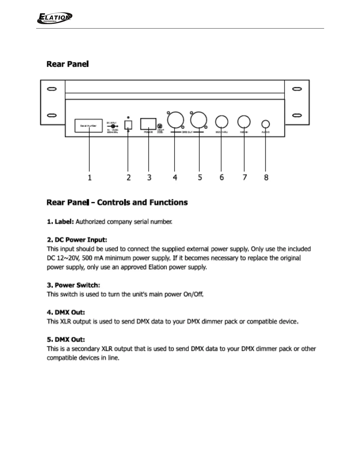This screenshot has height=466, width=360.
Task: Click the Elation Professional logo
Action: [x=55, y=18]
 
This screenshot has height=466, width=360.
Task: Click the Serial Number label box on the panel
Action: [x=89, y=126]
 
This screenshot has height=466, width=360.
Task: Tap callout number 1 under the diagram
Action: [x=90, y=177]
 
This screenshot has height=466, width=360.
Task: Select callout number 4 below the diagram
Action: [x=175, y=177]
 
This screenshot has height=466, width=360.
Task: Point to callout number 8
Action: [x=266, y=177]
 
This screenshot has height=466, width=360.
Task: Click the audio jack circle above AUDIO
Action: [x=266, y=124]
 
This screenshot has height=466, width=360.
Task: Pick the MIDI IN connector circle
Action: [x=244, y=122]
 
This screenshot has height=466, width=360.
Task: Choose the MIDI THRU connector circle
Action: [x=221, y=122]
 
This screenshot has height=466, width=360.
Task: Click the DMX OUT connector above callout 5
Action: [x=199, y=120]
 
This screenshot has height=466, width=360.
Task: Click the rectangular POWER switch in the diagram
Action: [x=148, y=124]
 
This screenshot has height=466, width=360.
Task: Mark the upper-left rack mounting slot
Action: [x=52, y=89]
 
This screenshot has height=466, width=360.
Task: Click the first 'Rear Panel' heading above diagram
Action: [x=68, y=64]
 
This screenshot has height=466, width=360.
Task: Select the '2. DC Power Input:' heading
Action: [x=77, y=240]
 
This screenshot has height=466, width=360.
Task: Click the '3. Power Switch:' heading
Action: [x=74, y=285]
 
